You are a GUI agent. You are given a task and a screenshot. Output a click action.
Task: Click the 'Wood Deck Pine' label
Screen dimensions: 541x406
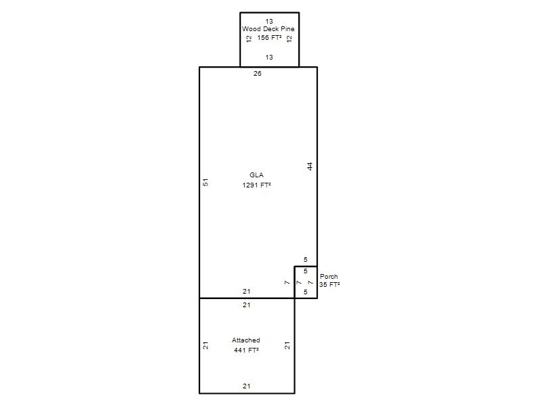(x=268, y=29)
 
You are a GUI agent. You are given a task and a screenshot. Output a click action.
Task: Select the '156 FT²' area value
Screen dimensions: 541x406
(x=269, y=38)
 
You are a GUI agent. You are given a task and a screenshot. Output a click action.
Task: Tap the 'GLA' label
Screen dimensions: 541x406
(x=256, y=175)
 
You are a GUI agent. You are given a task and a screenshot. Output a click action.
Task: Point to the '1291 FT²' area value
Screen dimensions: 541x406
(x=256, y=185)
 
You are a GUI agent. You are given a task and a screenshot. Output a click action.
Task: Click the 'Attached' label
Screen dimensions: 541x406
(x=245, y=340)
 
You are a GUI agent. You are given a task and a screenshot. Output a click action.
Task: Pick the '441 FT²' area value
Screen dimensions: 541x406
(x=246, y=350)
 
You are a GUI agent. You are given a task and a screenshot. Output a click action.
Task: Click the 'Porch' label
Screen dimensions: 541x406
(x=329, y=277)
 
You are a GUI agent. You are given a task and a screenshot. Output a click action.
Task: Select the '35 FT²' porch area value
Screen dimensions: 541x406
(x=329, y=284)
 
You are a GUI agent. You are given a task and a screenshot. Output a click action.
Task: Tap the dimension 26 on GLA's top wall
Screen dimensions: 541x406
(x=258, y=74)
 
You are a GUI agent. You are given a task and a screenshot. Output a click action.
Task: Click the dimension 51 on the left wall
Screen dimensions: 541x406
(x=206, y=182)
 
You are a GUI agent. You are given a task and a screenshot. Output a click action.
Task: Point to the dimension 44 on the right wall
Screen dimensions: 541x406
(x=310, y=166)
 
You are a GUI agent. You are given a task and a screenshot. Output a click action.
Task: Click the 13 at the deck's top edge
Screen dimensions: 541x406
(x=269, y=22)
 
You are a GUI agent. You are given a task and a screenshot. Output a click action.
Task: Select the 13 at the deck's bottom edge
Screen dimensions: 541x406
(x=269, y=58)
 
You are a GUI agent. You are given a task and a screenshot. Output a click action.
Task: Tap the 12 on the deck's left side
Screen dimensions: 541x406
(x=249, y=39)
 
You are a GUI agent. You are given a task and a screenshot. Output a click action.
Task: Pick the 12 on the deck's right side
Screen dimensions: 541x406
(x=289, y=39)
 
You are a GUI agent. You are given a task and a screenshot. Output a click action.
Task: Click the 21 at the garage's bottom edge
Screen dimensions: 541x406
(x=246, y=386)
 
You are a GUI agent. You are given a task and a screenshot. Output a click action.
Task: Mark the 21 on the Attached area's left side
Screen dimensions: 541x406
(x=206, y=346)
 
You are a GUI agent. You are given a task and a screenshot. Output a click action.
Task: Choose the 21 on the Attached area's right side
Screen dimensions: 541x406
(x=287, y=346)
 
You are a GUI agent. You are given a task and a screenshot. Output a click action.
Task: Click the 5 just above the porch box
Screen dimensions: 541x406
(x=306, y=260)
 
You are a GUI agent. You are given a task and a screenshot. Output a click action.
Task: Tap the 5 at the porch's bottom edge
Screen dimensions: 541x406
(x=306, y=292)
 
